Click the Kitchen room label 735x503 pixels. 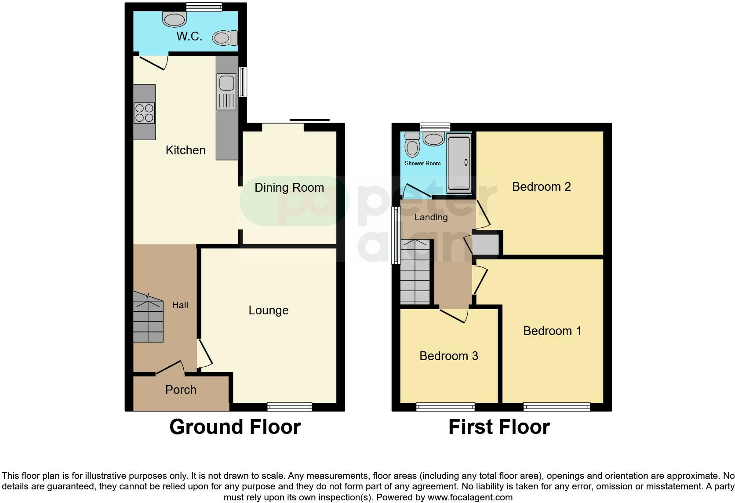[186, 150]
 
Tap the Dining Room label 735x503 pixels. [289, 188]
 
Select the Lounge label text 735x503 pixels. [269, 310]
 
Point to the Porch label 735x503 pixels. [181, 390]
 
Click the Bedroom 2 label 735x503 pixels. [541, 187]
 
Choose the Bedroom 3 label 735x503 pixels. [448, 356]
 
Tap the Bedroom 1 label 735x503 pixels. [552, 331]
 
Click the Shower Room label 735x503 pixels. [422, 164]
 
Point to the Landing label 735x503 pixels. [431, 217]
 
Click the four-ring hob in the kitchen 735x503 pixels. [144, 113]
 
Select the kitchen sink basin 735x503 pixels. [227, 83]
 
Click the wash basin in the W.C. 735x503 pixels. [175, 19]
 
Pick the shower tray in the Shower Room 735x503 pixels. [458, 164]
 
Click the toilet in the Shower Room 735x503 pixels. [412, 145]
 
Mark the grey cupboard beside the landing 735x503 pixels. [486, 245]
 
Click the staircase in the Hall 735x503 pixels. [149, 318]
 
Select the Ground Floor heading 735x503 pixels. [235, 427]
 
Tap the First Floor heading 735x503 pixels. [499, 427]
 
